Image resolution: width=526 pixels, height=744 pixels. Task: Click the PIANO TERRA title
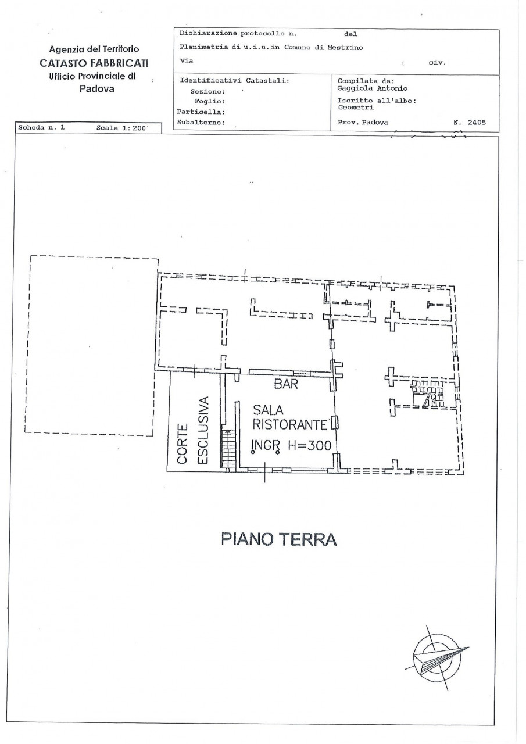click(279, 539)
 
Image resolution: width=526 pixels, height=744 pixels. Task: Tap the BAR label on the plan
click(286, 384)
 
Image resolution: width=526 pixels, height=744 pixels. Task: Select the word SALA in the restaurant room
click(268, 410)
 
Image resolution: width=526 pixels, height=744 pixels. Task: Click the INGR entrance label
click(264, 446)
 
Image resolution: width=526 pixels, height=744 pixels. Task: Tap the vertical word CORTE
click(183, 444)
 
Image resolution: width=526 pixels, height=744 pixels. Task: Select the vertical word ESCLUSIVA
click(203, 430)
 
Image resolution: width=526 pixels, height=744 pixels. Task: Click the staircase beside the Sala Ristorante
click(230, 448)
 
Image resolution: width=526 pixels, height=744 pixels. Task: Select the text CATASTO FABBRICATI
click(94, 63)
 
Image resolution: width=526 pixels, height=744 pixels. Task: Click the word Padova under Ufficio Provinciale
click(96, 89)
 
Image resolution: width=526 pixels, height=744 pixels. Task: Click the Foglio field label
click(206, 101)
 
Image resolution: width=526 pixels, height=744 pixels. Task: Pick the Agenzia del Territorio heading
click(94, 50)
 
